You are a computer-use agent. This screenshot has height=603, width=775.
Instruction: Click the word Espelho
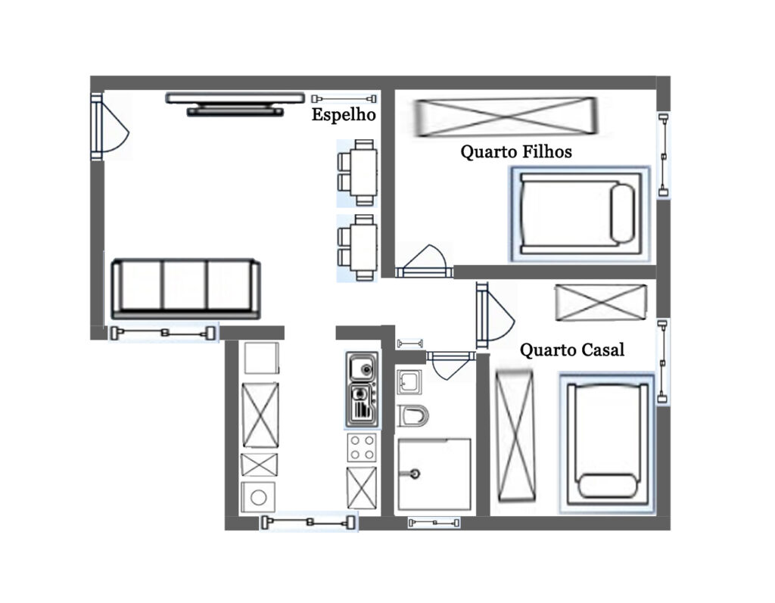[x=344, y=115]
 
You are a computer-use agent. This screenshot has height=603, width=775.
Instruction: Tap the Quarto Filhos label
[x=516, y=151]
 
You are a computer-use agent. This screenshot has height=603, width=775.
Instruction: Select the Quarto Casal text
[x=572, y=350]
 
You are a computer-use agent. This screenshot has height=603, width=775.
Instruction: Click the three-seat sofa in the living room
[x=186, y=289]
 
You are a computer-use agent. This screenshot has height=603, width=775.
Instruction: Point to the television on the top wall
[x=235, y=104]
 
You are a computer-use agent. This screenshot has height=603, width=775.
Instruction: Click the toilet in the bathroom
[x=412, y=415]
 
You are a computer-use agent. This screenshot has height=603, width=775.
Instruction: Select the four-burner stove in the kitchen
[x=361, y=447]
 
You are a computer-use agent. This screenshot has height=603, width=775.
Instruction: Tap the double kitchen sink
[x=362, y=389]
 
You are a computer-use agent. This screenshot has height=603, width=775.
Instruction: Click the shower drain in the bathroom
[x=415, y=474]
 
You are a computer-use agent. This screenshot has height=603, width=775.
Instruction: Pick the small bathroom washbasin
[x=409, y=382]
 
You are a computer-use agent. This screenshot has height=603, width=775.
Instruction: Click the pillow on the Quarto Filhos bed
[x=623, y=213]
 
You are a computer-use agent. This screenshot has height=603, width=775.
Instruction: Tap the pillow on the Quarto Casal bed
[x=608, y=486]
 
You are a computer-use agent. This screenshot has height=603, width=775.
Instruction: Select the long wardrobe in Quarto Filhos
[x=506, y=117]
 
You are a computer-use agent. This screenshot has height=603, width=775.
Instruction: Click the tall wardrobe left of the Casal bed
[x=515, y=437]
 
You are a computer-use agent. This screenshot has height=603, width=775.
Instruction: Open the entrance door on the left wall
[x=110, y=126]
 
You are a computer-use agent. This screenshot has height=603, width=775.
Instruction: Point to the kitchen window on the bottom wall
[x=310, y=522]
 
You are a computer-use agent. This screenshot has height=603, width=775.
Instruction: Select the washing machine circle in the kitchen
[x=259, y=497]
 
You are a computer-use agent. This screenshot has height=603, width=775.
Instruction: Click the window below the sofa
[x=163, y=333]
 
